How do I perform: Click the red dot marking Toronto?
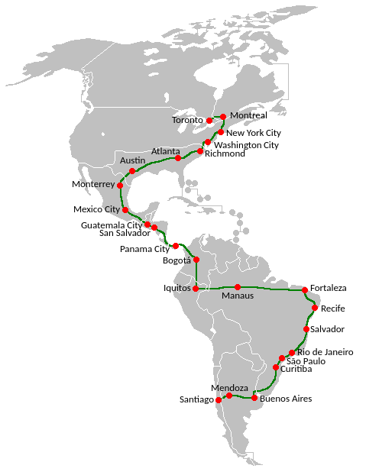coord(209,121)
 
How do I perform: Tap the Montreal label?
coord(248,115)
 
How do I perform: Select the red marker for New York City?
coord(221,132)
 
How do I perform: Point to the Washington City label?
coord(246,145)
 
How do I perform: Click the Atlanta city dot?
coord(178,158)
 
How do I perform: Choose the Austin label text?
coord(132,160)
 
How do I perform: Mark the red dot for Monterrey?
coord(120,185)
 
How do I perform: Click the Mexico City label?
coord(96,209)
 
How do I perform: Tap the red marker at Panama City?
coord(176,246)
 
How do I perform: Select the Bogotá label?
coord(177,260)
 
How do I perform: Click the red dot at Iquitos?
coord(196,288)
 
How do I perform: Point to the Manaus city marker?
coord(238,287)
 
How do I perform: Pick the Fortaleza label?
coord(329,288)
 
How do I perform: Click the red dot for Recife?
coord(314,308)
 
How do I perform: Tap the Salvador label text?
coord(328,329)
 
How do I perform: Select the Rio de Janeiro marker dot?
coord(292,353)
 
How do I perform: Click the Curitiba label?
coord(296,369)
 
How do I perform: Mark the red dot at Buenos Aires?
coord(254,398)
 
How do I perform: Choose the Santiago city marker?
coord(219,400)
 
